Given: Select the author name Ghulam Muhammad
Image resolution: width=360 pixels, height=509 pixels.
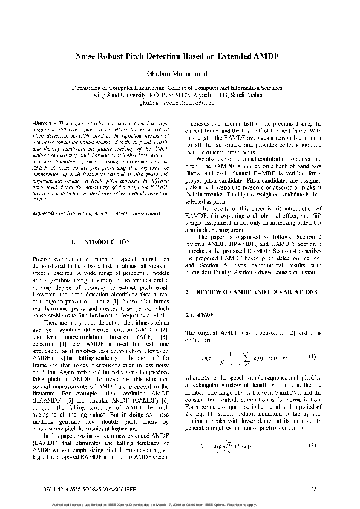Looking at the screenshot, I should (180, 73).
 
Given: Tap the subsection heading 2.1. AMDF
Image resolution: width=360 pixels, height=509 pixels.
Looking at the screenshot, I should (196, 315).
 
